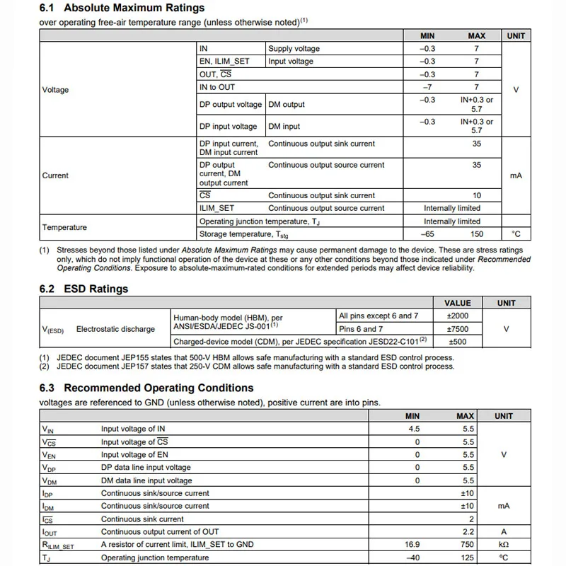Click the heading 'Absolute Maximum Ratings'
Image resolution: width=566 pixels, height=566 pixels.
point(134,8)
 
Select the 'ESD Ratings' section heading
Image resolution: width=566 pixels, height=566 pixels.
point(96,289)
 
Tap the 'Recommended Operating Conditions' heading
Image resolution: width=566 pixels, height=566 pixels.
point(158,388)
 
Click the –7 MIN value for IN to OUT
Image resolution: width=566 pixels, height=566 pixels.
point(427,87)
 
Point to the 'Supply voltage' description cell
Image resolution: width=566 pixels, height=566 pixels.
point(294,49)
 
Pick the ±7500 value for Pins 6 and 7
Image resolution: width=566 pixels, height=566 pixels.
point(458,329)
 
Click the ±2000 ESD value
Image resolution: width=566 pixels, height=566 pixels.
point(458,316)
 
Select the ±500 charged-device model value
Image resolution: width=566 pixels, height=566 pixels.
point(458,342)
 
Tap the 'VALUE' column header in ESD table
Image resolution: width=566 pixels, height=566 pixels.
point(458,303)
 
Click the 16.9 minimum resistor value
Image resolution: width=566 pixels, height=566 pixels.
point(412,544)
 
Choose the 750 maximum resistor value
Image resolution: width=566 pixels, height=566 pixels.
point(468,544)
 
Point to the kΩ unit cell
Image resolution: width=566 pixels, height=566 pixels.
point(503,544)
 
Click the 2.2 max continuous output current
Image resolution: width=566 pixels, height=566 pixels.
point(468,531)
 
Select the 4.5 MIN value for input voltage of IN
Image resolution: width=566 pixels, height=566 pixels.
point(414,429)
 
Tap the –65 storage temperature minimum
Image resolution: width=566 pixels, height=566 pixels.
point(427,234)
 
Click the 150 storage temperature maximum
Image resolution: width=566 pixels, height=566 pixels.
point(476,234)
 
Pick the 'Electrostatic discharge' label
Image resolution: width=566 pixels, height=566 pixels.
point(115,329)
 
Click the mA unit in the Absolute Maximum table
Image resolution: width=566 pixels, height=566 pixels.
point(516,175)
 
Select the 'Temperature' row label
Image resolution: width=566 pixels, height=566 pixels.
point(64,227)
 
